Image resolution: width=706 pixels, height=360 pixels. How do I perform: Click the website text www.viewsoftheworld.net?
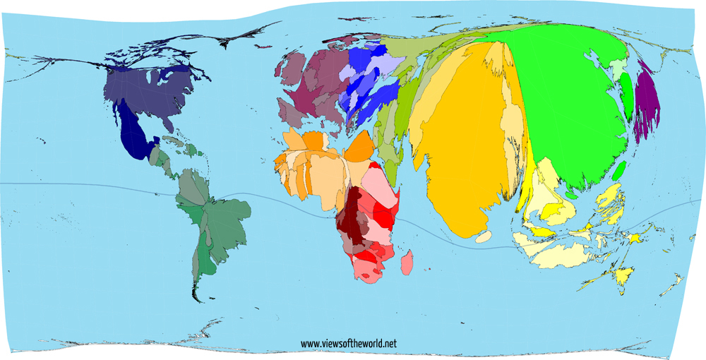[x=349, y=344]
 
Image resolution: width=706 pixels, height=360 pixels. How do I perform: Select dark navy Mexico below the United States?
[x=134, y=134]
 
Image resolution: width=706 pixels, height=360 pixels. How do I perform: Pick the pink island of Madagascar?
[x=407, y=265]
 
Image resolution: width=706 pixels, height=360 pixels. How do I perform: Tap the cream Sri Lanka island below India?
[x=484, y=237]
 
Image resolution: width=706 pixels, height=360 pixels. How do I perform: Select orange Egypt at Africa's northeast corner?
[x=361, y=147]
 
